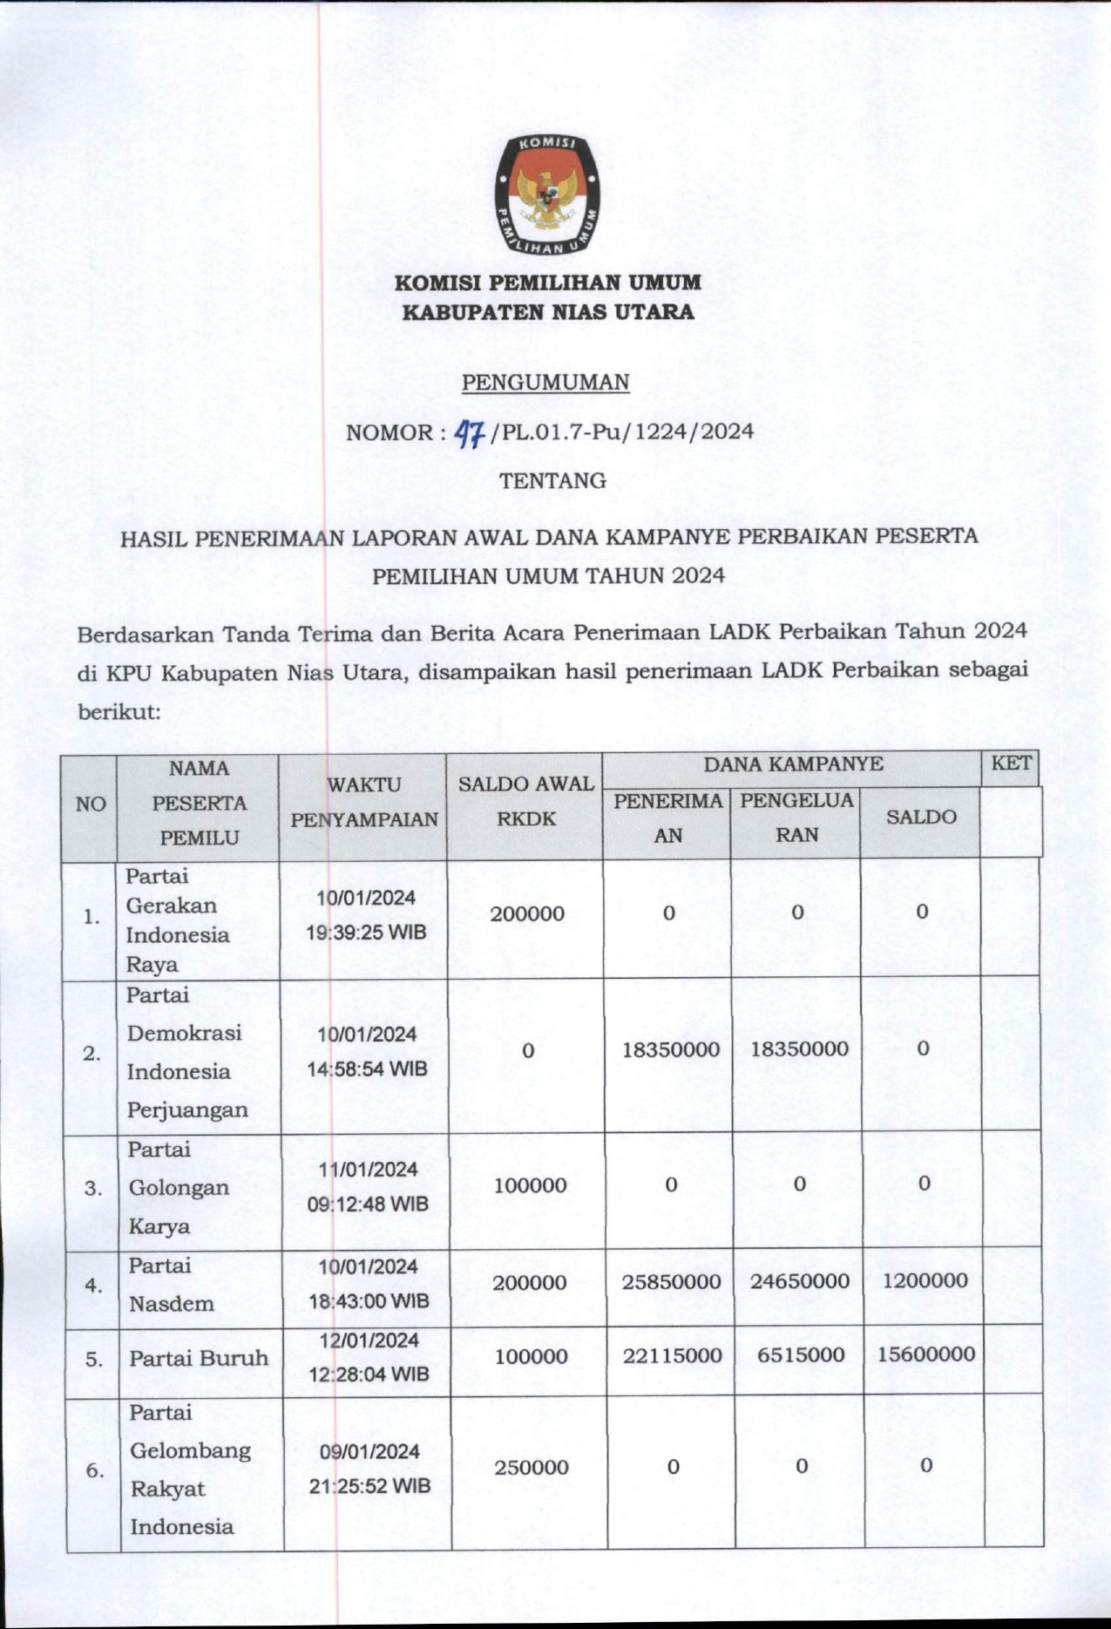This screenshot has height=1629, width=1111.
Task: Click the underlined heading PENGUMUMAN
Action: click(x=545, y=382)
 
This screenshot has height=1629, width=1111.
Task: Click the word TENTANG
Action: click(x=552, y=480)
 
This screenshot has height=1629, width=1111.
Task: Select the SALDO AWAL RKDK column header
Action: click(x=525, y=801)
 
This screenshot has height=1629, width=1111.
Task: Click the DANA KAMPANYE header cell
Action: click(x=793, y=764)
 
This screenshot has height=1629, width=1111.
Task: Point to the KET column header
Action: click(x=1011, y=764)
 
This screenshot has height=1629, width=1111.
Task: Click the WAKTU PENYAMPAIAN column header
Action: click(x=364, y=802)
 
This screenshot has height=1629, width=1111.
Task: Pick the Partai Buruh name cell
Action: click(x=199, y=1358)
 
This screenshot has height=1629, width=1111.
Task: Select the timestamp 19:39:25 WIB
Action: click(x=366, y=933)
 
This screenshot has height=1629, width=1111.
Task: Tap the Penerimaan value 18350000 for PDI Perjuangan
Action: click(x=671, y=1049)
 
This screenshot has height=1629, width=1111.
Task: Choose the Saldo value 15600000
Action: click(x=925, y=1354)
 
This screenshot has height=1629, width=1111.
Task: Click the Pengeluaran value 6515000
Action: click(x=798, y=1354)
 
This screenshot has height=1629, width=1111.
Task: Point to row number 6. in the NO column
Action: click(x=94, y=1470)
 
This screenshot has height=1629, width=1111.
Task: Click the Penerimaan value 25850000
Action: click(x=671, y=1281)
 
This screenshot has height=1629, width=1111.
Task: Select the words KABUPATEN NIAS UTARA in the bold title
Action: click(x=547, y=312)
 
